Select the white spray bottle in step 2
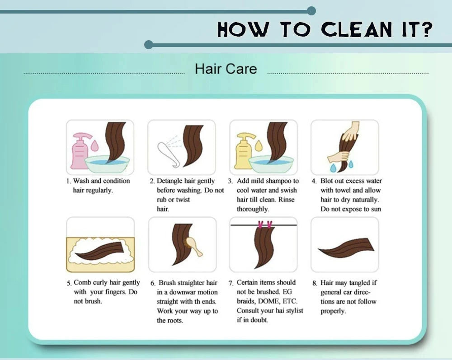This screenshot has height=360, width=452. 168,154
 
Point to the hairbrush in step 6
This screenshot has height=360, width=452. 194,246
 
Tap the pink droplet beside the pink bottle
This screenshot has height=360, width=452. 94,145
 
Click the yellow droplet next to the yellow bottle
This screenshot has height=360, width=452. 259,145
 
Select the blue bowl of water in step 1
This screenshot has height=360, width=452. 107,164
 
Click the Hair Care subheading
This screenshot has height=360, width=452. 226,69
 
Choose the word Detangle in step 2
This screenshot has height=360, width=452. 169,181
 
